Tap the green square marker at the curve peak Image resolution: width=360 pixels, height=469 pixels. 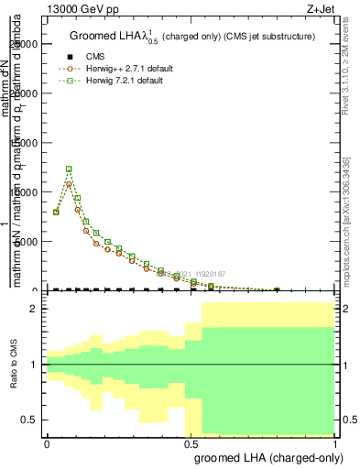point(69,169)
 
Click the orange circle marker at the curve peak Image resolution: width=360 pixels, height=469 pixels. point(69,183)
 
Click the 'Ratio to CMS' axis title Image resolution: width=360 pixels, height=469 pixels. point(15,375)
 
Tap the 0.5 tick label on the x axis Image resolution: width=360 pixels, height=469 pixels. point(191,443)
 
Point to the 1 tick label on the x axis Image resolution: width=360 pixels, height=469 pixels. point(335,443)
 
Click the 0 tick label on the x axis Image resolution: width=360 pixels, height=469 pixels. point(47,443)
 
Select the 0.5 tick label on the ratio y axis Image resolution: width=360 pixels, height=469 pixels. point(31,420)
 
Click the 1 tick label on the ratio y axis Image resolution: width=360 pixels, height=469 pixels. point(35,365)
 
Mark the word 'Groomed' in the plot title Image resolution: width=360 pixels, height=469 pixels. point(93,38)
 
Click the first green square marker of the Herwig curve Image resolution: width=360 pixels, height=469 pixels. point(57,212)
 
